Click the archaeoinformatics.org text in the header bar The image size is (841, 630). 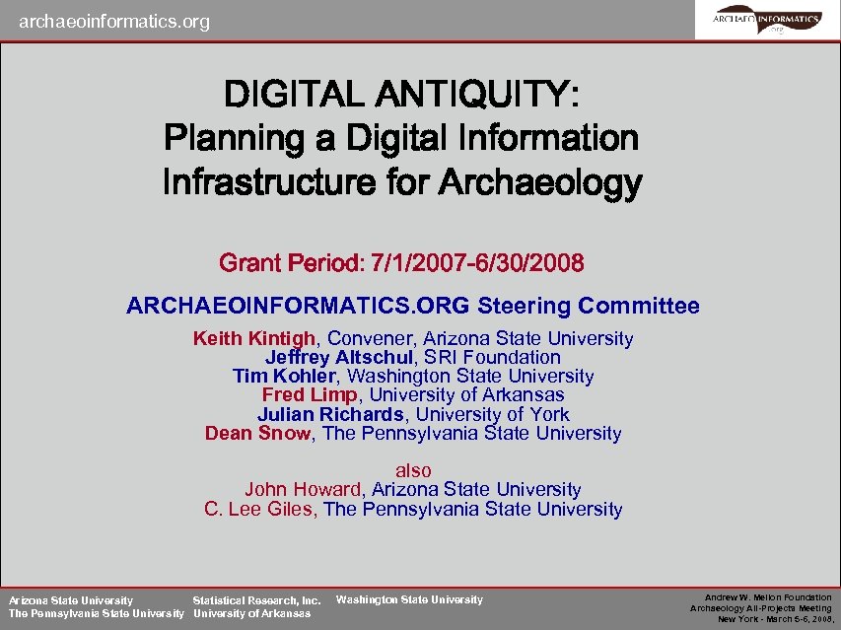pos(114,21)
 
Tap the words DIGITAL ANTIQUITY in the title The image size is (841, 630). pos(402,95)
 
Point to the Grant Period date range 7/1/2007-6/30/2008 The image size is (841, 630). pos(474,263)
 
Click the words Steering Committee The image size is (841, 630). pos(589,306)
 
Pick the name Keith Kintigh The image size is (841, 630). pos(254,339)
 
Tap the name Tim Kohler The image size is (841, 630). pos(284,377)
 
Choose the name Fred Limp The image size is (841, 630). pos(310,395)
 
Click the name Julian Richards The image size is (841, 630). pos(330,415)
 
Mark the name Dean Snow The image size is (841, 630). pos(257,434)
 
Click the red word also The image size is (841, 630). pos(413,471)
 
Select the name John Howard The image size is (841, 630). pos(304,490)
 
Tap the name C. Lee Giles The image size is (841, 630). pos(257,510)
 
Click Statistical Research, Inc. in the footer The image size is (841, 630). pos(256,600)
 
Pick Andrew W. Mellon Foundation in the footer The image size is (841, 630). pos(768,597)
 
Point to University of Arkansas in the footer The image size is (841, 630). pos(251,613)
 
